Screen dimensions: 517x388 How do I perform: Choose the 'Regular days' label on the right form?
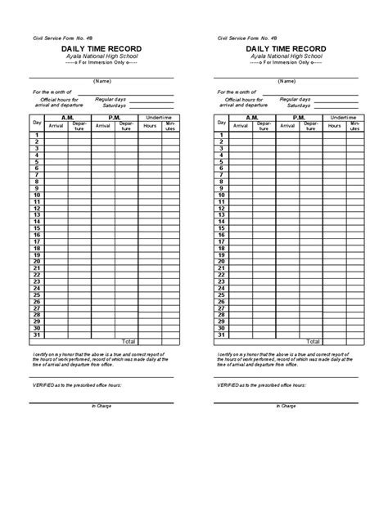[295, 97]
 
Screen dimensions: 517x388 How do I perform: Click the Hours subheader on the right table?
[335, 126]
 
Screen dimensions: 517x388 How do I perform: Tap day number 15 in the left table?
[37, 228]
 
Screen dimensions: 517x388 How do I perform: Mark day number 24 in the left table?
[37, 287]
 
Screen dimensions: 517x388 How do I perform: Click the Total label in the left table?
[129, 340]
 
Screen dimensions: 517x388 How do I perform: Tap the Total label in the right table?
[314, 340]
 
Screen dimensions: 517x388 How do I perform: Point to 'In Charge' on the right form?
[286, 406]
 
